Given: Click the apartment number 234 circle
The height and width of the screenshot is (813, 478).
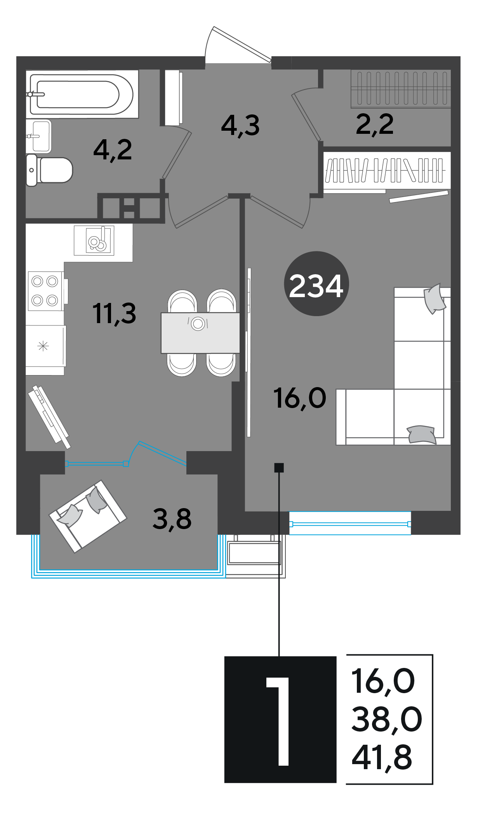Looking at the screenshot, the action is click(x=316, y=284).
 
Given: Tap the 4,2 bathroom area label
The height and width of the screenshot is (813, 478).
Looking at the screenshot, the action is click(x=113, y=150).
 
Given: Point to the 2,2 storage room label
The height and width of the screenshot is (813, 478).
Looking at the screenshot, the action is click(x=375, y=124).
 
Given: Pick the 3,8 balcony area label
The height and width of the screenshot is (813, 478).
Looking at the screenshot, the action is click(x=172, y=519).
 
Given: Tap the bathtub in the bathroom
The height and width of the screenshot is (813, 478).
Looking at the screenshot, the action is click(x=82, y=94).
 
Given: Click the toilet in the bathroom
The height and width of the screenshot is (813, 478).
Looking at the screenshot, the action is click(x=49, y=170).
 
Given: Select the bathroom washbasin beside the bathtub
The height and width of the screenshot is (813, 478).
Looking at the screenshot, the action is click(x=39, y=136).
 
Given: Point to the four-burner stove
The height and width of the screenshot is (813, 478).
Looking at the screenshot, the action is click(x=46, y=291).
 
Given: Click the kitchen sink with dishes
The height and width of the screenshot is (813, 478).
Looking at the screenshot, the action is click(x=94, y=240).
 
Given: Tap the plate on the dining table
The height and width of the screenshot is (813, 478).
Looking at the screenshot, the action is click(x=198, y=323).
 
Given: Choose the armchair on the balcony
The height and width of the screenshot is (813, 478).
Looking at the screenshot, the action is click(x=88, y=516).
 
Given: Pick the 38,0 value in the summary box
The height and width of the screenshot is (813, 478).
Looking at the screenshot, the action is click(x=386, y=720).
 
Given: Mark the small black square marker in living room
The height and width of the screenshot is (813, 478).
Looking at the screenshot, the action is click(x=279, y=468).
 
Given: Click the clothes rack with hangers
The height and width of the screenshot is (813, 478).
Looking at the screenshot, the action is click(x=384, y=171).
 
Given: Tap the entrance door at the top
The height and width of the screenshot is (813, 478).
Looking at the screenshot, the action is click(x=238, y=45).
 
